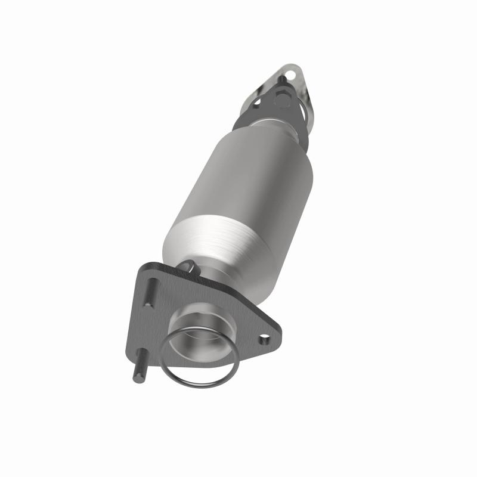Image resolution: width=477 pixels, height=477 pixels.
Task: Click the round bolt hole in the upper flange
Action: click(290, 75)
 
